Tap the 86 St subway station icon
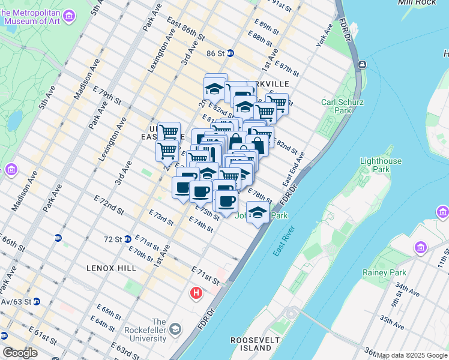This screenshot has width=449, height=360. pos(230,53)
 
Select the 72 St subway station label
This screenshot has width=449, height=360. pos(113,239)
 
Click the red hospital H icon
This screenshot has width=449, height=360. pos(196,293)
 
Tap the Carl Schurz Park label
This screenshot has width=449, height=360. pos(342,106)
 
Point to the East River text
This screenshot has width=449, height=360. pos(283,241)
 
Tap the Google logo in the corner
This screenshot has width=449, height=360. pos(20,352)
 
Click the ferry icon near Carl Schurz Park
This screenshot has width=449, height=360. pos(362,64)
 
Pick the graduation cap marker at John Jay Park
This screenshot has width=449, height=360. pos(258,213)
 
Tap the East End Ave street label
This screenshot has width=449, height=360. pos(295,169)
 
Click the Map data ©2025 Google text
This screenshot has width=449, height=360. pos(412,355)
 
